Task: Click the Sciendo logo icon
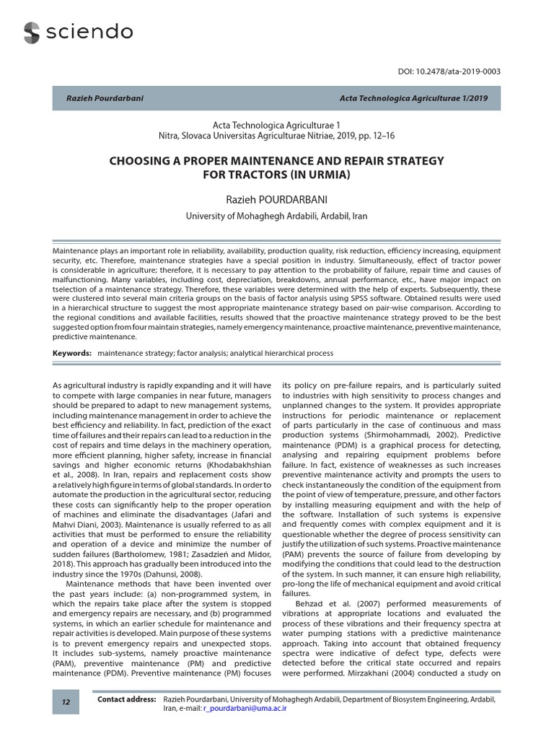pyautogui.click(x=32, y=32)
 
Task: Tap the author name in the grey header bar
pyautogui.click(x=105, y=98)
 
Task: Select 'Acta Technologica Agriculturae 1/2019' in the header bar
pyautogui.click(x=414, y=98)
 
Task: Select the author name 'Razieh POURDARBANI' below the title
pyautogui.click(x=276, y=198)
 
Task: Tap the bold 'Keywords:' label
pyautogui.click(x=72, y=354)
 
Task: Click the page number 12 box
pyautogui.click(x=66, y=702)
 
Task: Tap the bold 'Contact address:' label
pyautogui.click(x=126, y=699)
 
